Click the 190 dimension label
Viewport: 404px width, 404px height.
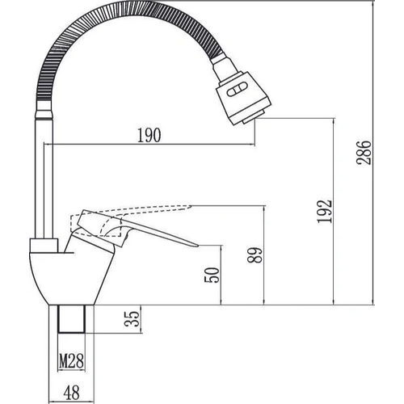(x=148, y=136)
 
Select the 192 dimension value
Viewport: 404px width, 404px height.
(x=322, y=212)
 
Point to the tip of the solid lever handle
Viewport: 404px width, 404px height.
(x=195, y=244)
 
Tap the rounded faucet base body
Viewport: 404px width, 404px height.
(x=65, y=275)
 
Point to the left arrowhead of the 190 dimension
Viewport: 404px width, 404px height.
(x=56, y=145)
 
